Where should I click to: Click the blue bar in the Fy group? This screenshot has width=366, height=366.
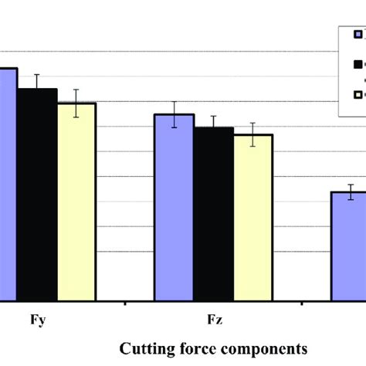point(8,185)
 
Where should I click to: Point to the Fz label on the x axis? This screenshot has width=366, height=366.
point(212,318)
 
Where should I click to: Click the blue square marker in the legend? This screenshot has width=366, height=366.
point(358,34)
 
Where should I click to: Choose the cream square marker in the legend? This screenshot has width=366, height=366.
point(358,95)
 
